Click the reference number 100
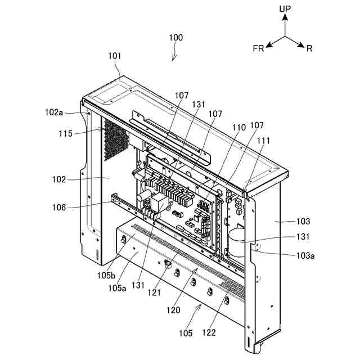point(176,38)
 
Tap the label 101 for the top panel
point(114,56)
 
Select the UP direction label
point(285,9)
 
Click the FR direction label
point(258,49)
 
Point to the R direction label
point(309,49)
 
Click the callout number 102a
point(54,112)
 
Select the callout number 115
point(66,134)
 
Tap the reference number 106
point(59,208)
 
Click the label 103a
point(305,255)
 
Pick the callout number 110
point(239,128)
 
